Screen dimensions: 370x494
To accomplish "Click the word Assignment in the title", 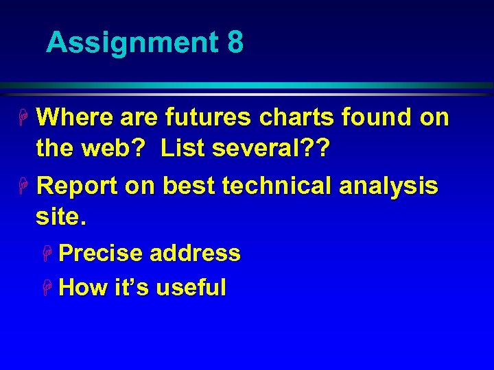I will click(130, 43).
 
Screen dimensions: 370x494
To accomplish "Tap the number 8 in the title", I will click(235, 42).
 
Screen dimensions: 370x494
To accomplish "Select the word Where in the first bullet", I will click(75, 118).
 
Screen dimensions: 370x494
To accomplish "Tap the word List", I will click(183, 150).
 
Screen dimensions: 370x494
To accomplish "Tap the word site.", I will click(61, 219).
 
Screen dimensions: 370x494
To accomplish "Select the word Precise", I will click(100, 254).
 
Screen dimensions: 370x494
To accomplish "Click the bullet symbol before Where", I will click(25, 119).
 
